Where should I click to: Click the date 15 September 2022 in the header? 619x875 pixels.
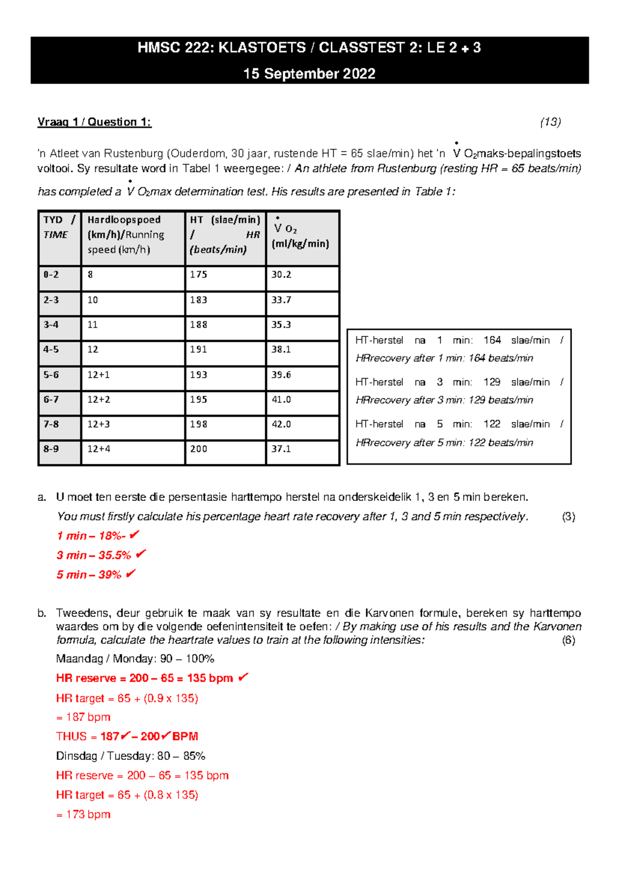(x=309, y=74)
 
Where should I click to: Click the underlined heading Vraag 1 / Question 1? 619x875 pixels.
(x=94, y=122)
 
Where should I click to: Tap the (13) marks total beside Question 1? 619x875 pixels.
(x=550, y=122)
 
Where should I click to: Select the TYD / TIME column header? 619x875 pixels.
(x=59, y=227)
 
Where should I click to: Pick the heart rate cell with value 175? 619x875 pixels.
(x=199, y=274)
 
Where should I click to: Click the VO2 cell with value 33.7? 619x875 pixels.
(x=281, y=300)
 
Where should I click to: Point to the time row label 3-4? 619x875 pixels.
(x=51, y=325)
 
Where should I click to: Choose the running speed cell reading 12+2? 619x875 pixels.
(x=99, y=399)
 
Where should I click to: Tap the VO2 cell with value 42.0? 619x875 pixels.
(x=281, y=424)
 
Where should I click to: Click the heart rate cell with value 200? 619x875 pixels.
(x=199, y=449)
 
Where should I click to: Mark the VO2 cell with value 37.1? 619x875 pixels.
(x=281, y=449)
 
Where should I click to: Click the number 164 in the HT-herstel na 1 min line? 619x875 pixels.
(x=492, y=341)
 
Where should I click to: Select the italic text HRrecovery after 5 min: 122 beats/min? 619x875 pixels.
(x=444, y=443)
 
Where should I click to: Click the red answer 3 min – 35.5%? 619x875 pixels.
(x=94, y=555)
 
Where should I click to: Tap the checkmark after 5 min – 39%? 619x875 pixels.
(x=131, y=574)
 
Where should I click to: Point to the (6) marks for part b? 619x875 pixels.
(x=568, y=640)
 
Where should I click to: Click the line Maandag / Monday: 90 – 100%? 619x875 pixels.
(x=135, y=659)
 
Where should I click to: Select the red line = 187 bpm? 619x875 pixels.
(x=84, y=717)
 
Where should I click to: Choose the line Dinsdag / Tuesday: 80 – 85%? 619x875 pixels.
(x=131, y=756)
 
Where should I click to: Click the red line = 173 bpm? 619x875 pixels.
(x=84, y=815)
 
